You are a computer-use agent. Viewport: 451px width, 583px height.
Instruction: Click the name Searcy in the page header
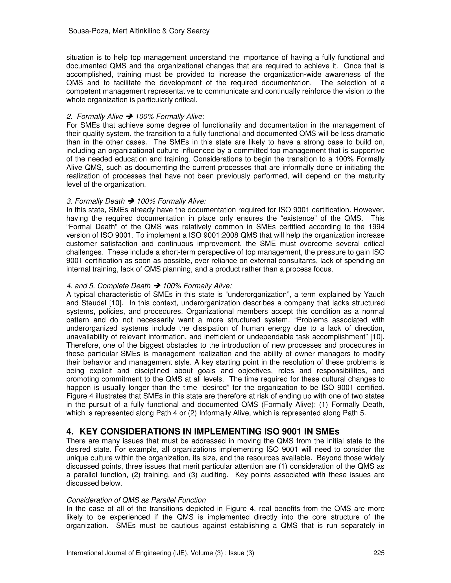click(198, 31)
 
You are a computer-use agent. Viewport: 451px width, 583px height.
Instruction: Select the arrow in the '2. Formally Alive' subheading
click(129, 117)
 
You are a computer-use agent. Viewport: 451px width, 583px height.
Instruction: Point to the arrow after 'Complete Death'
click(157, 286)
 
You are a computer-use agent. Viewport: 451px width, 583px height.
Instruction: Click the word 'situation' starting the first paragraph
click(80, 57)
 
